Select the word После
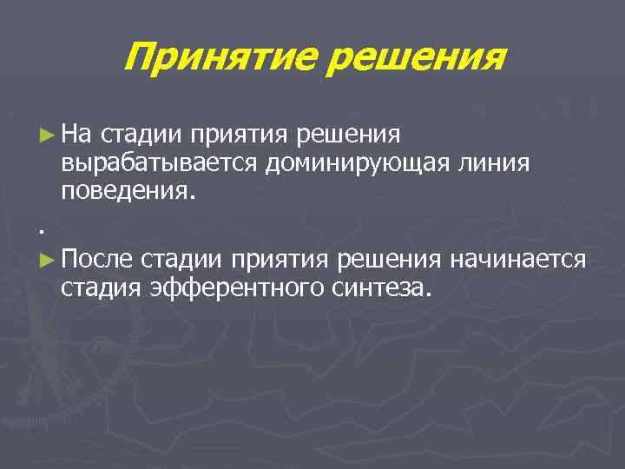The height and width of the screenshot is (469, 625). click(x=97, y=258)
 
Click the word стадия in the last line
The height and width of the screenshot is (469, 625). click(x=102, y=287)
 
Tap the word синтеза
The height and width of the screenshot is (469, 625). click(x=381, y=287)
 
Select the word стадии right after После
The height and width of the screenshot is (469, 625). click(x=183, y=258)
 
